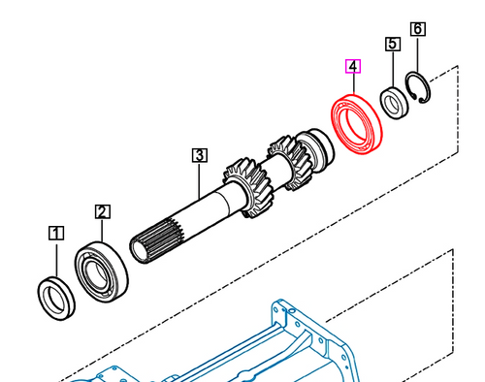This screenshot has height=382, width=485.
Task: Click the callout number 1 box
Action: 56,233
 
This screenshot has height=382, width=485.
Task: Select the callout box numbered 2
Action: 103,210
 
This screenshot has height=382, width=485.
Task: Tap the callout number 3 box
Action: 198,154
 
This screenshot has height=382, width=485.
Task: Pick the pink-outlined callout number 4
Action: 354,67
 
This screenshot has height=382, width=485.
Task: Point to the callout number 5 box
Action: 393,44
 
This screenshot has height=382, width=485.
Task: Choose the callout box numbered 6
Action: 417,29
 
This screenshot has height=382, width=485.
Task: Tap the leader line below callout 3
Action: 198,179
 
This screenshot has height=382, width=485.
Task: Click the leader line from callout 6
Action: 417,55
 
